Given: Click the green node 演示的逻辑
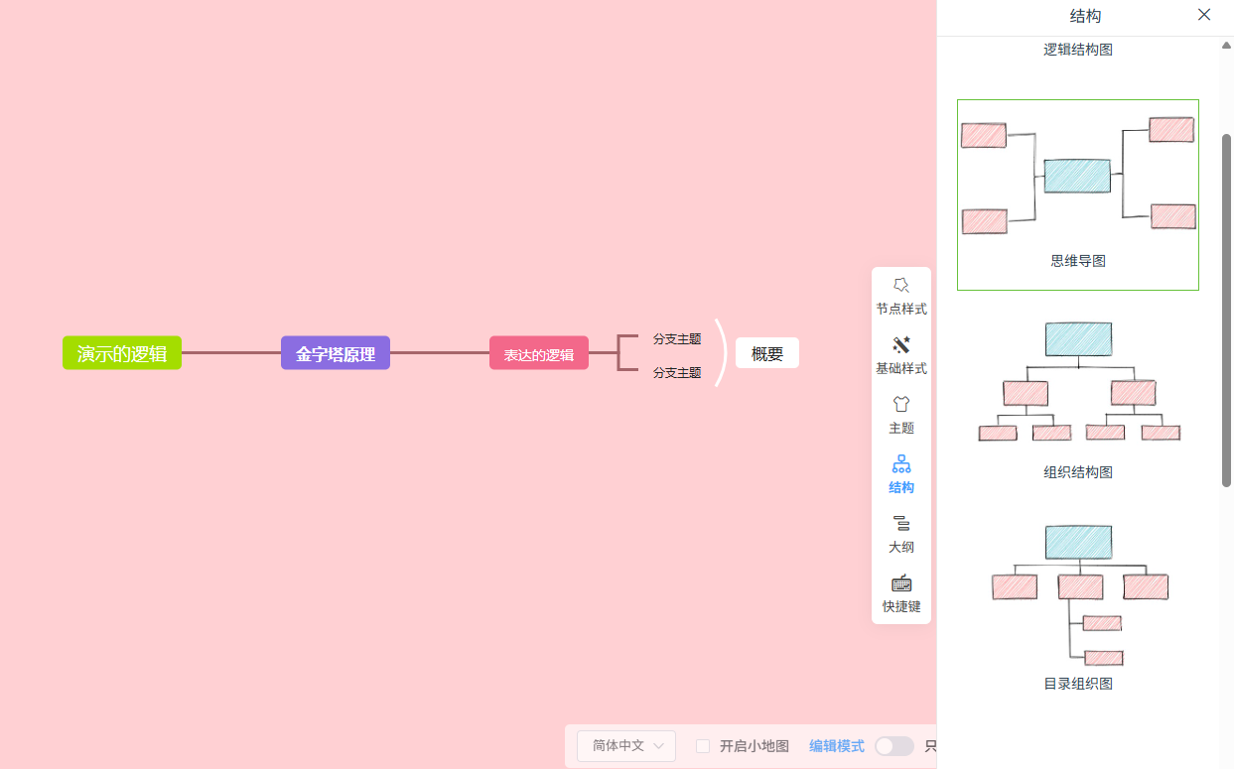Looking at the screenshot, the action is point(122,353).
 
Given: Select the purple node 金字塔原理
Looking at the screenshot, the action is point(336,353).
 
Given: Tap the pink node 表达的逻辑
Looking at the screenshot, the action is point(539,353).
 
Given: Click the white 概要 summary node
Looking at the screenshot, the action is point(766,353).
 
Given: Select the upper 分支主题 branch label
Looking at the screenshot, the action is point(677,338).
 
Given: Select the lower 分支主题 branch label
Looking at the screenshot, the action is point(677,373).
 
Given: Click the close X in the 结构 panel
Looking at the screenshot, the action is point(1204,15).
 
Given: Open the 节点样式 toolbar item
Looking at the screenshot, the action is point(901,296).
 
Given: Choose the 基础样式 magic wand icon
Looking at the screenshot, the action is point(901,345).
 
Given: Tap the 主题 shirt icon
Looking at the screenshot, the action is point(901,404).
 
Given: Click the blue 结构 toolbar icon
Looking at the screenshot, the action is point(901,464).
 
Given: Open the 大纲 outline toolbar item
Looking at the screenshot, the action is point(901,534).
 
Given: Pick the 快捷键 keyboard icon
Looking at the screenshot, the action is point(901,582).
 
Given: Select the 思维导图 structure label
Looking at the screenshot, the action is point(1078,261).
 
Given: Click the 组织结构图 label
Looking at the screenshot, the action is point(1078,472).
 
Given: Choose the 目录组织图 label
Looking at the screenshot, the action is point(1078,684).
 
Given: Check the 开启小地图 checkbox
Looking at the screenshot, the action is point(703,746).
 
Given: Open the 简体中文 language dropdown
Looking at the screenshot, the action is point(626,746).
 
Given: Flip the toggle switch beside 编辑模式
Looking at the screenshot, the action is point(894,746).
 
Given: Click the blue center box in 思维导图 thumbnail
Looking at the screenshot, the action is point(1077,177).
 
